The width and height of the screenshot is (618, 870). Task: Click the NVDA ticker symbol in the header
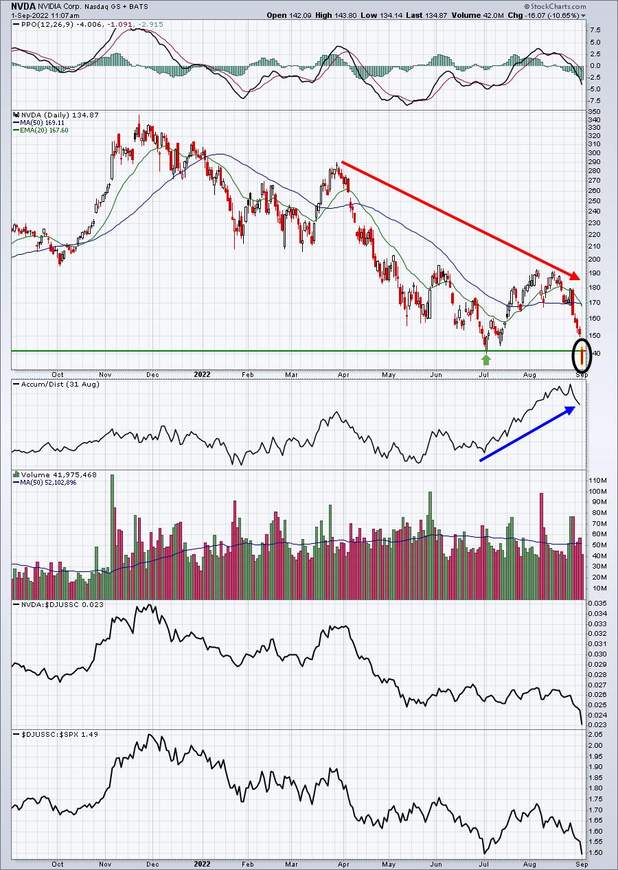[x=24, y=6]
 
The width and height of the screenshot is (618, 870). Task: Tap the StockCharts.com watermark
[x=555, y=6]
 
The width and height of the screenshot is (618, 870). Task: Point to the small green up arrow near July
[x=486, y=360]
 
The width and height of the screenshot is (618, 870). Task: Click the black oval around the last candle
[x=582, y=354]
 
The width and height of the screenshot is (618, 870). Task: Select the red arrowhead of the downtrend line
[x=575, y=275]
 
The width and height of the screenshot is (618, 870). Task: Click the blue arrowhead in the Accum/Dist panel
[x=569, y=410]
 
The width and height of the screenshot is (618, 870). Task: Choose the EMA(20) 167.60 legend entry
[x=41, y=130]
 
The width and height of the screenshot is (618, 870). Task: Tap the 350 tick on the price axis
[x=594, y=112]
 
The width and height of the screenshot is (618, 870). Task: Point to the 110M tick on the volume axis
[x=597, y=481]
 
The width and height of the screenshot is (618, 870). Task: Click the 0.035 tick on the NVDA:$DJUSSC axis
[x=596, y=603]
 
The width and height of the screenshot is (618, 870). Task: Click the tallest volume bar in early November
[x=113, y=537]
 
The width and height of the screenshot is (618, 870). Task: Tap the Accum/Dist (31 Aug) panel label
[x=56, y=384]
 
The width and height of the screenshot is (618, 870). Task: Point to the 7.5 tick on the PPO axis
[x=595, y=30]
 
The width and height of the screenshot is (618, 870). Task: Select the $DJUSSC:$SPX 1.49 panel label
[x=56, y=734]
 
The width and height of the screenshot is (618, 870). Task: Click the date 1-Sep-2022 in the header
[x=28, y=16]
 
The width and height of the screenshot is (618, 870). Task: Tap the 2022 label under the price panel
[x=202, y=374]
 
